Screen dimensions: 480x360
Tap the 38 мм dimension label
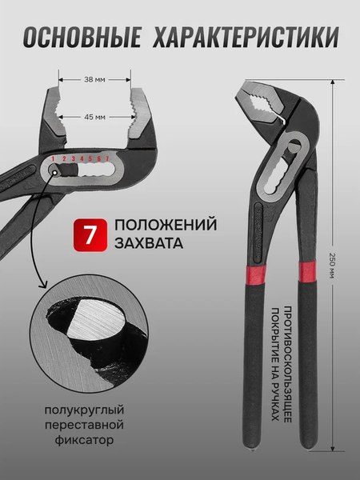94,80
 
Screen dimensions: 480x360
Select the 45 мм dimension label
94,118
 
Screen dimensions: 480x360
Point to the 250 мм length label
331,264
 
